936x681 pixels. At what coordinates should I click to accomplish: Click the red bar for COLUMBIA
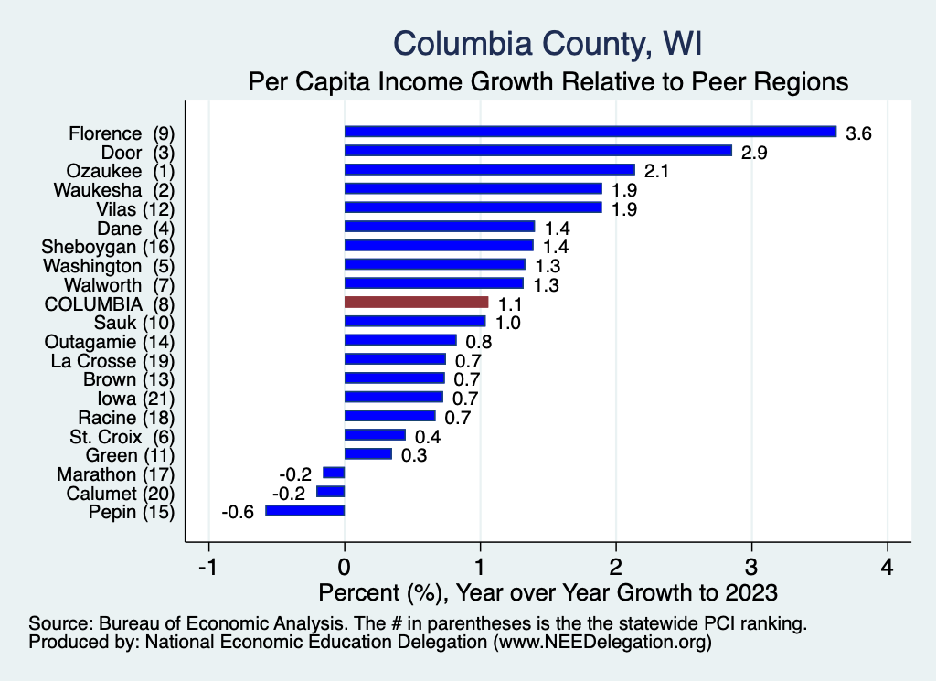click(x=416, y=302)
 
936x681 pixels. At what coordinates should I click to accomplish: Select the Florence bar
click(x=590, y=132)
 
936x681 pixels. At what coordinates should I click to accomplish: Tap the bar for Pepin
click(x=304, y=511)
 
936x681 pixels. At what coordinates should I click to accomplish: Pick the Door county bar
click(x=537, y=151)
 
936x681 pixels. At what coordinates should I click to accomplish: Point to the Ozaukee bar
click(x=489, y=170)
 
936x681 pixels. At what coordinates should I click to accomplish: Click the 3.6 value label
click(x=859, y=133)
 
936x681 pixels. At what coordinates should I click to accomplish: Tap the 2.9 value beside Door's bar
click(x=754, y=152)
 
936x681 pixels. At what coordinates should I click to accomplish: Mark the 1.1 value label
click(x=511, y=303)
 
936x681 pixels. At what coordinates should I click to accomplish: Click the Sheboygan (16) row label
click(x=108, y=246)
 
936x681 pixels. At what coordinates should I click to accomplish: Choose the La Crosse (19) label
click(x=112, y=359)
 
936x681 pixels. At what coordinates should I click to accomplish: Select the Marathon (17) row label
click(x=115, y=474)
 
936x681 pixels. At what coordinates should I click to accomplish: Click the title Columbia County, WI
click(x=547, y=42)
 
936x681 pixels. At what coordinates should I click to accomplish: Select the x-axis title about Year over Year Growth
click(x=547, y=591)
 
